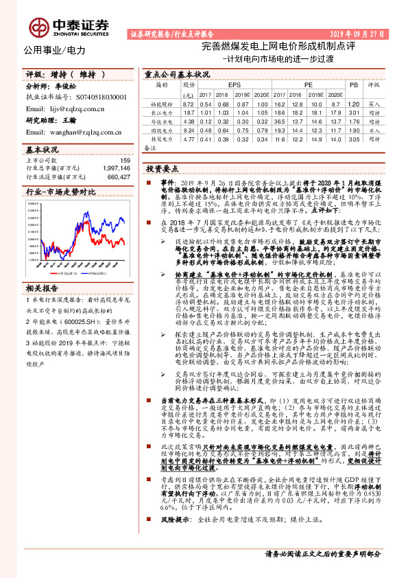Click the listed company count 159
click(124, 161)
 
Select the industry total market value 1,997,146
click(114, 168)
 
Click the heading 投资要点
click(163, 168)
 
